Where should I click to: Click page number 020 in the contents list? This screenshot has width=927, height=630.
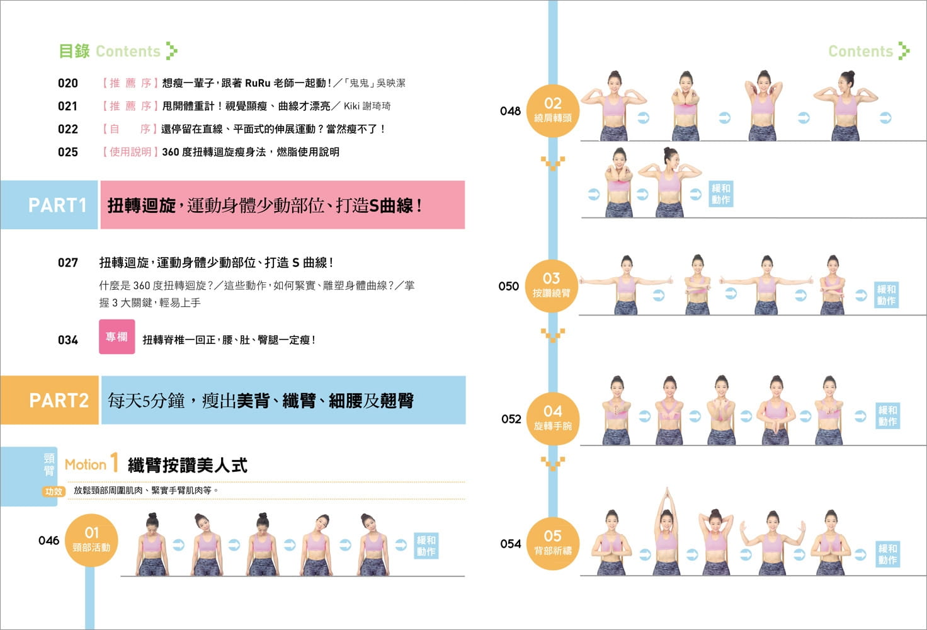coord(68,83)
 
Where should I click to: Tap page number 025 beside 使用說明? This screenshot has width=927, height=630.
coord(68,152)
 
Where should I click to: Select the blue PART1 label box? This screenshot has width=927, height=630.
coord(50,205)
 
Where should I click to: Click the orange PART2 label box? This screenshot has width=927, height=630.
coord(50,400)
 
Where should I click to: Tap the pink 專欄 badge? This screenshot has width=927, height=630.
coord(117,336)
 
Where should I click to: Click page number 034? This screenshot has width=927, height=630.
coord(68,340)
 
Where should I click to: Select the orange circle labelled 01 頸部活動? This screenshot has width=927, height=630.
coord(91,540)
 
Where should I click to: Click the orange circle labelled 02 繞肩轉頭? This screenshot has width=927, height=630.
coord(552,110)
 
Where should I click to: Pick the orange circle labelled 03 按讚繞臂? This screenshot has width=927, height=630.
coord(552,285)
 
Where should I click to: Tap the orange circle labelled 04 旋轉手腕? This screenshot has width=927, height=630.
coord(552,418)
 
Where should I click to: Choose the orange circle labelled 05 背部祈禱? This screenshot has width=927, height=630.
coord(552,542)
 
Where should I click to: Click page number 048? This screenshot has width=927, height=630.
coord(510,111)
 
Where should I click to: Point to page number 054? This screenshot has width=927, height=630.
coord(510,544)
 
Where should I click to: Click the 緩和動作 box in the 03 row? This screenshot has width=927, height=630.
coord(886,295)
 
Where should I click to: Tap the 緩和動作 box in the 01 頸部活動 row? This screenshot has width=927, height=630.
coord(426,546)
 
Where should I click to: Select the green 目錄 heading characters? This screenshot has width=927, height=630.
coord(74,51)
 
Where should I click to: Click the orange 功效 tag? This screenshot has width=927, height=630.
coord(54,491)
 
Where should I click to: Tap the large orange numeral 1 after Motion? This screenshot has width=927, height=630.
coord(114,462)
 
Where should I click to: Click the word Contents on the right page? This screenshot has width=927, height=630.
coord(860,51)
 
